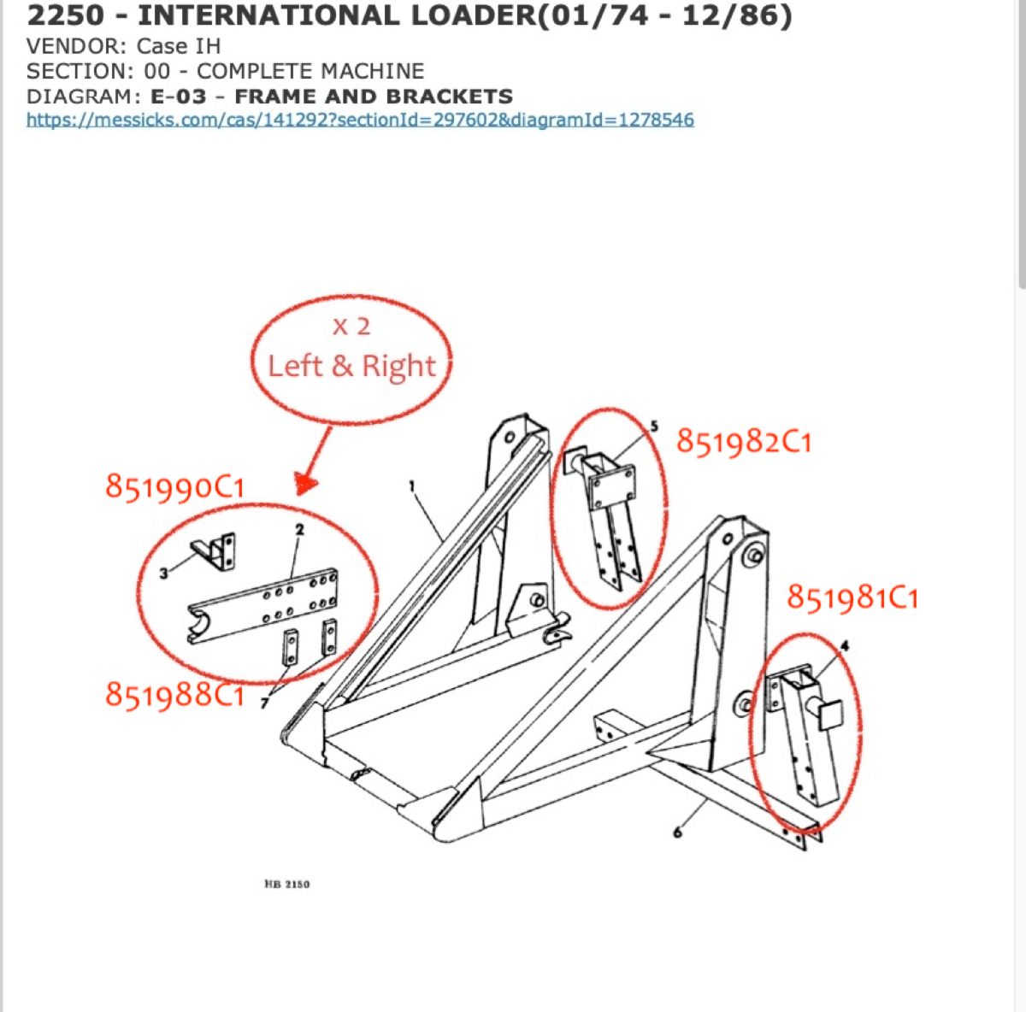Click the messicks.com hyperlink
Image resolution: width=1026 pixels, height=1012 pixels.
tap(360, 120)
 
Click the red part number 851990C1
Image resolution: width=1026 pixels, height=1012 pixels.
tap(175, 487)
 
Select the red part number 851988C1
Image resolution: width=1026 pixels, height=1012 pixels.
tap(175, 695)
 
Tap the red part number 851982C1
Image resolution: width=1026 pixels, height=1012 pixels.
tap(744, 442)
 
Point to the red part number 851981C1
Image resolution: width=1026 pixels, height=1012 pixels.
tap(852, 597)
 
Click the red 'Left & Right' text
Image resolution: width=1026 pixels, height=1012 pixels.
tap(351, 366)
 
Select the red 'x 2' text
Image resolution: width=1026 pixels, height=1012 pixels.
tap(351, 327)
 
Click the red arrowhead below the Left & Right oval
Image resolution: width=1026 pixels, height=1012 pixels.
tap(306, 485)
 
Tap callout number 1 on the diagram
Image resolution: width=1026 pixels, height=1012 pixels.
tap(412, 486)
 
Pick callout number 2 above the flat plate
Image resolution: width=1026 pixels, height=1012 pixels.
tap(300, 530)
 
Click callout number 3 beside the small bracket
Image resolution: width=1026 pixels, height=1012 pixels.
tap(164, 574)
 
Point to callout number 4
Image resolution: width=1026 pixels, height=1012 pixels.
tap(845, 646)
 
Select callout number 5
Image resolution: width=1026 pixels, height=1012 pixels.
tap(654, 426)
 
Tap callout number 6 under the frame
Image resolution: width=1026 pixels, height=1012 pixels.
tap(677, 832)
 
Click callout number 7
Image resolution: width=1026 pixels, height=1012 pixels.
tap(265, 703)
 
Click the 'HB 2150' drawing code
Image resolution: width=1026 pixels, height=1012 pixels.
tap(287, 884)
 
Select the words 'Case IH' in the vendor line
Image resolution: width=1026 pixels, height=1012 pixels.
tap(178, 46)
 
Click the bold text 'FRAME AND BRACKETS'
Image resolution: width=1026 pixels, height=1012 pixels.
tap(374, 97)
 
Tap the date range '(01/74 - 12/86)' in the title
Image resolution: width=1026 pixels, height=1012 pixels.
tap(663, 15)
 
